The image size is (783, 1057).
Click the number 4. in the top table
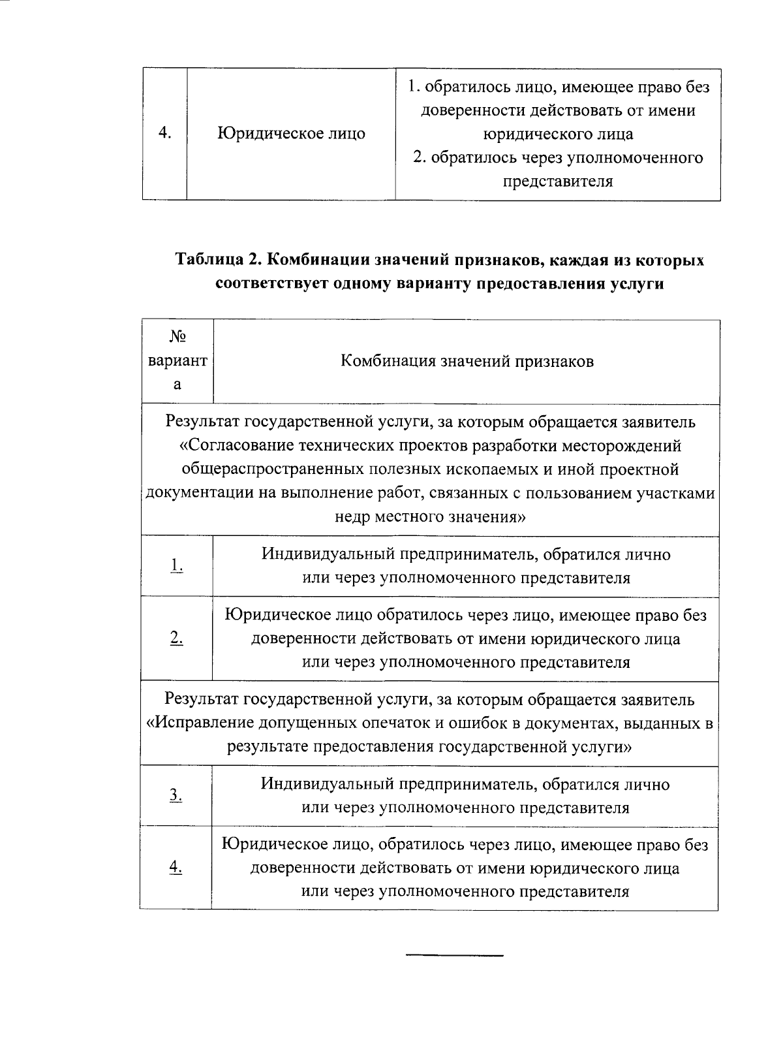pos(164,134)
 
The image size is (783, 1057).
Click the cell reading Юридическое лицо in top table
pos(291,134)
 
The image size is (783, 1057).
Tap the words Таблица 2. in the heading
pos(218,260)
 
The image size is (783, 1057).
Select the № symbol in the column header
pos(177,337)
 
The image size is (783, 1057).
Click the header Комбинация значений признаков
pos(467,361)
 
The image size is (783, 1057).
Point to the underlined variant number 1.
pos(177,566)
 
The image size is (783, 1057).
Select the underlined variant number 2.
pos(177,639)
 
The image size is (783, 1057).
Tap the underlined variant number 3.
pos(176,795)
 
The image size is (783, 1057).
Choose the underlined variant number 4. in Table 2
pos(176,867)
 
